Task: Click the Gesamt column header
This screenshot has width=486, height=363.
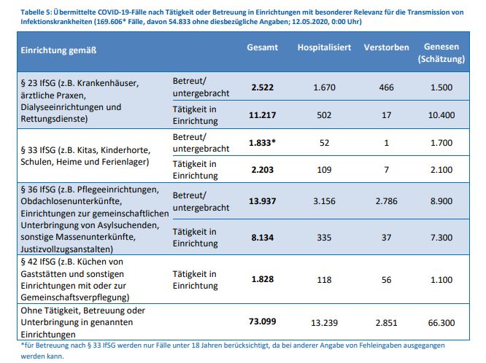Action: tap(262, 47)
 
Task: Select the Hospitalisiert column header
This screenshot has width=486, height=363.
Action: tap(324, 47)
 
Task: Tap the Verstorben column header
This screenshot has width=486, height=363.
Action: tap(387, 47)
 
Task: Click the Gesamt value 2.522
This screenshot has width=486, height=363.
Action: tap(262, 87)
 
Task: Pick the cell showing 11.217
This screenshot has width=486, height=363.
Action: tap(261, 114)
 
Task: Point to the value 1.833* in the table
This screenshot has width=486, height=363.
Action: tap(263, 143)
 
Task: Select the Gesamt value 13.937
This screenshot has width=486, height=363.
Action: tap(261, 200)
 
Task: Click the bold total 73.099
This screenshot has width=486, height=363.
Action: tap(261, 321)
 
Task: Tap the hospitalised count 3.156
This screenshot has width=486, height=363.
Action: tap(323, 200)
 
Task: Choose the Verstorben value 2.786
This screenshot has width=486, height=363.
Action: tap(387, 200)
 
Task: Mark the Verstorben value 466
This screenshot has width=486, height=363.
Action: tap(387, 87)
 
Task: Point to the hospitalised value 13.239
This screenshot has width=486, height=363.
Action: tap(323, 321)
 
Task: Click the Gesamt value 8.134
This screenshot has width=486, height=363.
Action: tap(262, 237)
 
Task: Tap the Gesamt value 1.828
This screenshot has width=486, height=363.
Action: tap(262, 280)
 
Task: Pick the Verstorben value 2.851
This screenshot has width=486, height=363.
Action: tap(387, 321)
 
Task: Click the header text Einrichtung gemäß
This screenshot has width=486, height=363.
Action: tap(59, 50)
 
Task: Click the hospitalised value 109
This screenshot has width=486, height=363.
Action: tap(323, 169)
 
